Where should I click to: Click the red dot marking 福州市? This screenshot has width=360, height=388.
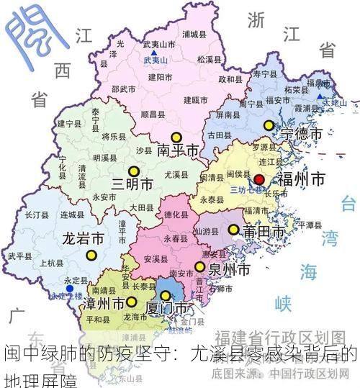pos(259,179)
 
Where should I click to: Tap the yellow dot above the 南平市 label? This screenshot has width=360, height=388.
pos(176,137)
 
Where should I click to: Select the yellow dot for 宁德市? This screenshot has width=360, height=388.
pos(269,125)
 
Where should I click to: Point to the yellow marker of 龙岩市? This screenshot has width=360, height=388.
pos(91,254)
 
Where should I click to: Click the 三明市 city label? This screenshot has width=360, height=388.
pos(132,184)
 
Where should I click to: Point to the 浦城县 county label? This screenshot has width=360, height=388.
pos(194,34)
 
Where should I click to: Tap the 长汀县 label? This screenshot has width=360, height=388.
pos(36,215)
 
